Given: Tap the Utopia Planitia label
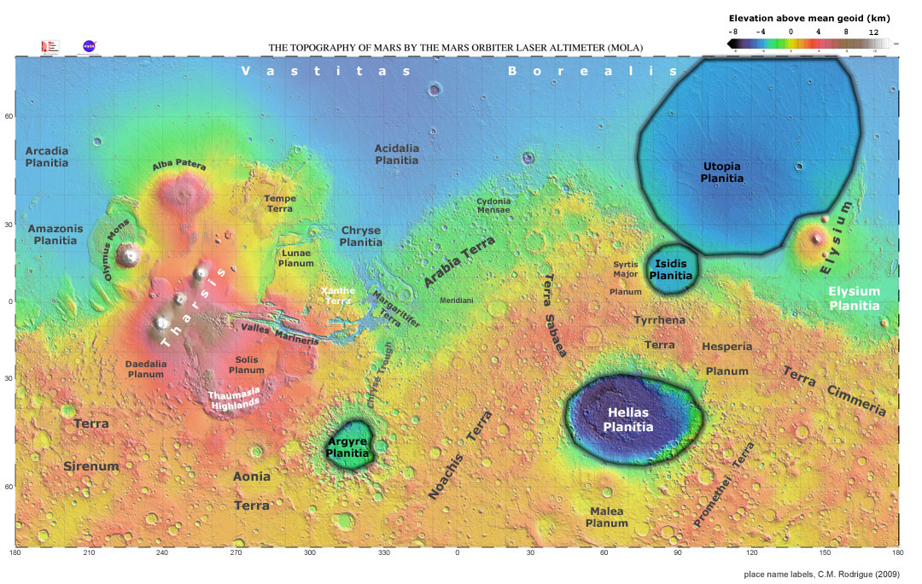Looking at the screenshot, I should click(x=721, y=172).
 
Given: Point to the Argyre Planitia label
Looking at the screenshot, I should click(x=349, y=447).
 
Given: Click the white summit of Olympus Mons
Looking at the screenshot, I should click(x=130, y=254).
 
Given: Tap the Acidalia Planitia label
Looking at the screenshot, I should click(x=397, y=155).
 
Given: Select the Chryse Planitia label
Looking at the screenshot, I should click(x=361, y=237).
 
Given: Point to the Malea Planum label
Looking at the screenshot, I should click(x=607, y=517).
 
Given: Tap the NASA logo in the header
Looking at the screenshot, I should click(x=89, y=46).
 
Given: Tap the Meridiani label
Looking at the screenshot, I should click(x=457, y=301).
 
